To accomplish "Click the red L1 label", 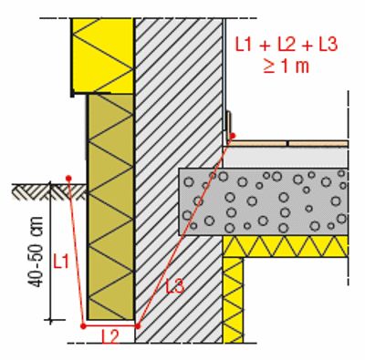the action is [x=61, y=262].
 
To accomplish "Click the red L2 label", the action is [x=110, y=336].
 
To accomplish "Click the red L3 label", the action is [x=175, y=286].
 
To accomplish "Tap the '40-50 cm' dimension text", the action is [x=36, y=252].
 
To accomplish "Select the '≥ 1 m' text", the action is [x=286, y=67].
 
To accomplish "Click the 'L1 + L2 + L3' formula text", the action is [x=287, y=45].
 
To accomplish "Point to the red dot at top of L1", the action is [x=68, y=178].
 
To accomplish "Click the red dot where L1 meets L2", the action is [x=83, y=326].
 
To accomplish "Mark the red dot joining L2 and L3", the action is [x=138, y=326].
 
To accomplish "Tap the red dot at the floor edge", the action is [x=233, y=136].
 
